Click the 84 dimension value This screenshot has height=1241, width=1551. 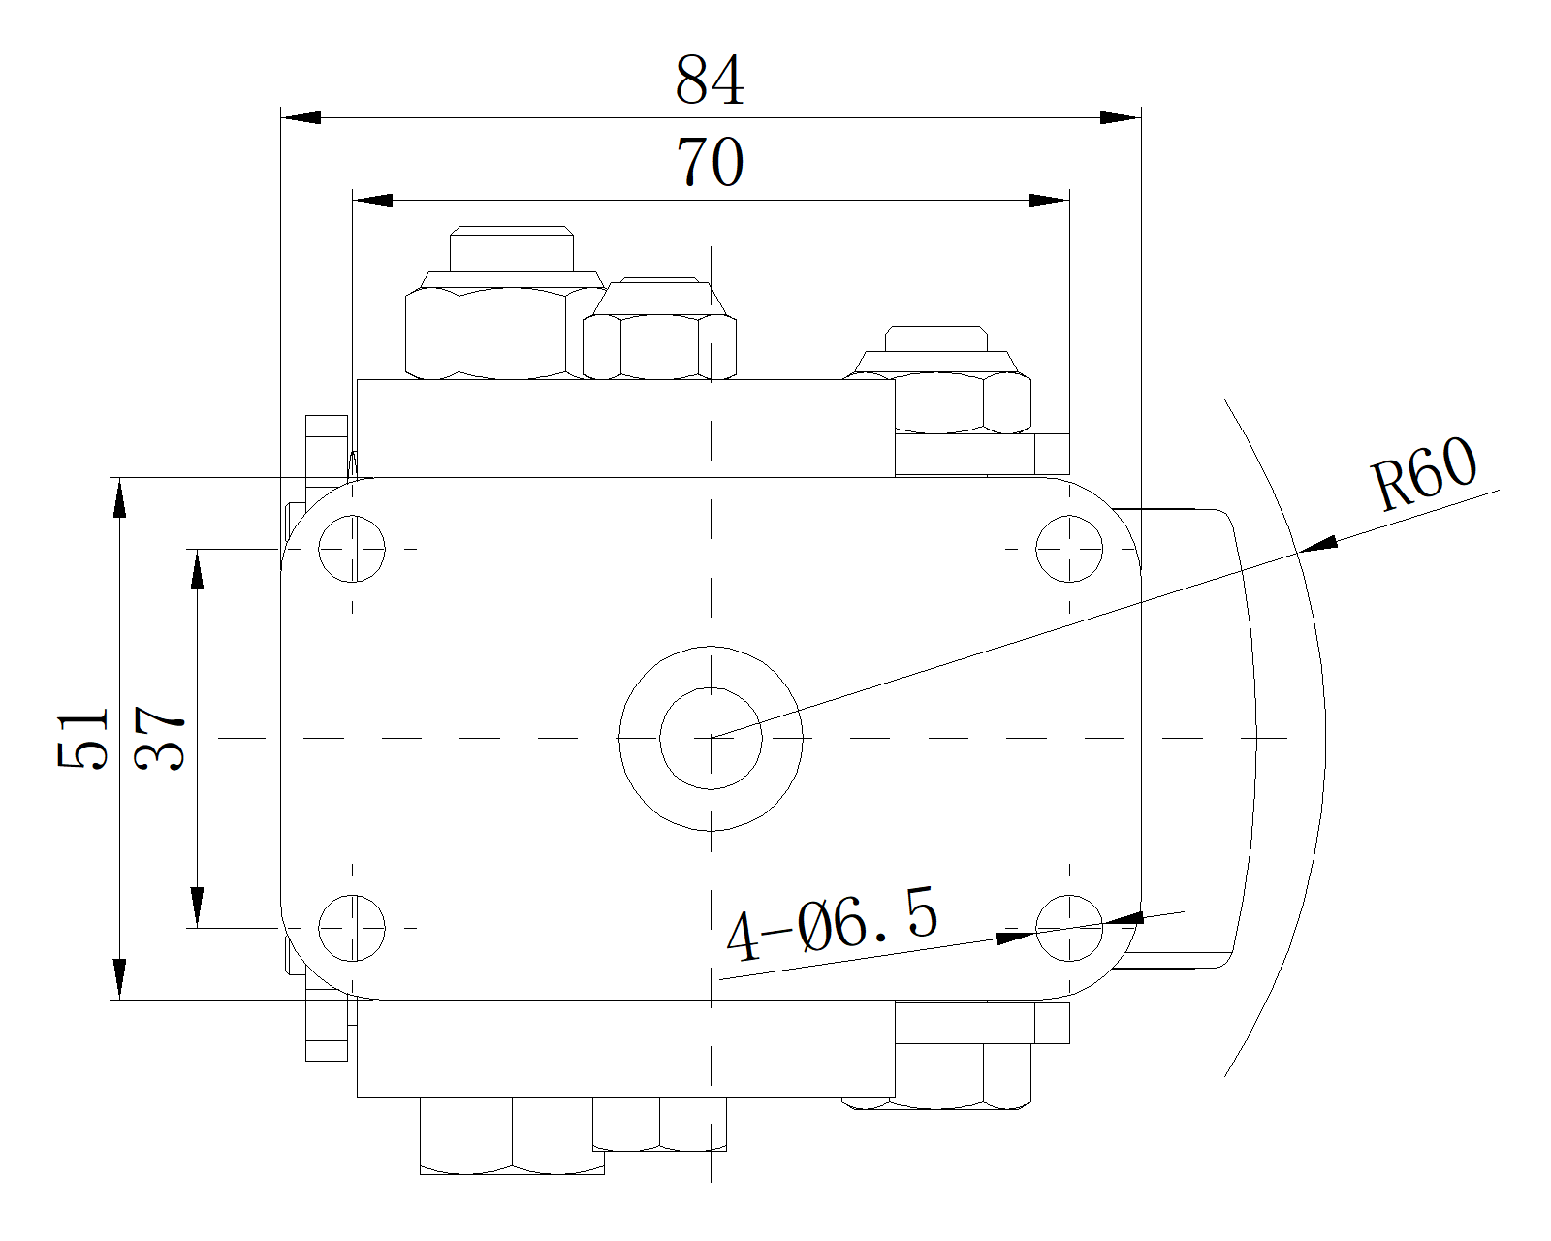710,80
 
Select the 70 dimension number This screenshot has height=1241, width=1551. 710,162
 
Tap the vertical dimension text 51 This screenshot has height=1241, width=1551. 82,739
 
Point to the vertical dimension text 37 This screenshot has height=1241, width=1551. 159,739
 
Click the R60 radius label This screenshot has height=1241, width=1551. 1424,473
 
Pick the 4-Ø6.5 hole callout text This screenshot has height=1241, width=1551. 832,925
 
